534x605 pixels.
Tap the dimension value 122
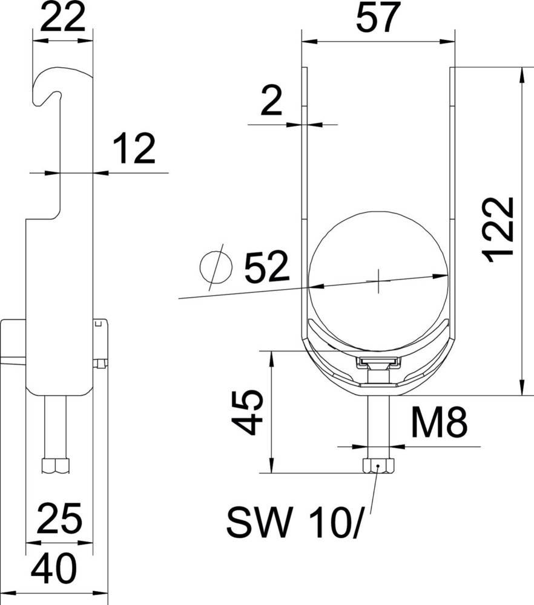[501, 229]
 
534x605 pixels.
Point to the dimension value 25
[59, 518]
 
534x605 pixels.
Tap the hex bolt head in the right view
[378, 466]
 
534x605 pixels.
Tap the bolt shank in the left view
[56, 427]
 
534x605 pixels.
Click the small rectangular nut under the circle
[378, 362]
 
